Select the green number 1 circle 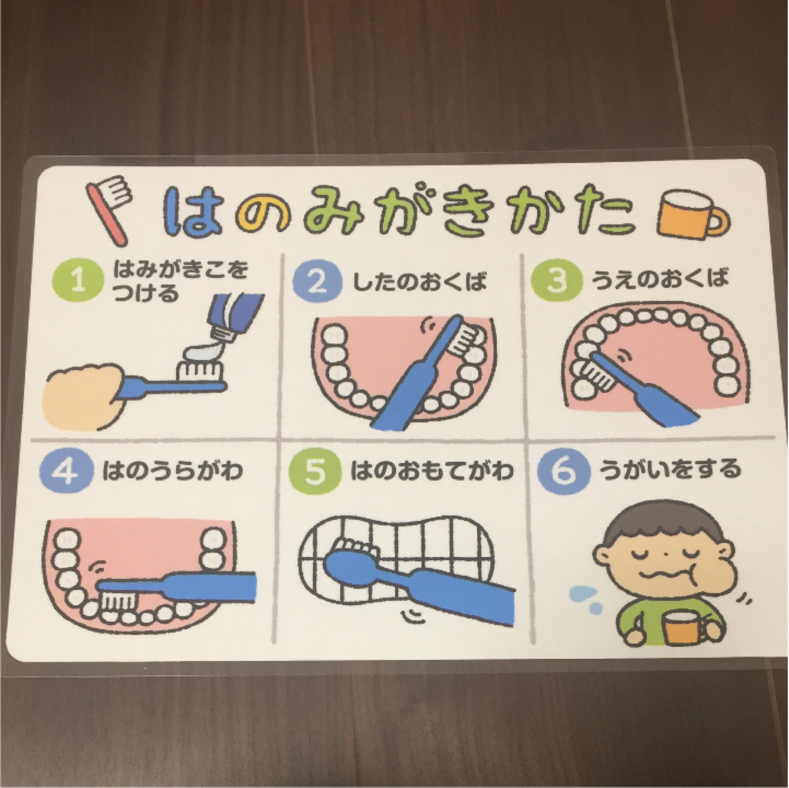[78, 281]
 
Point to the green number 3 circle [556, 280]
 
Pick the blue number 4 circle [66, 470]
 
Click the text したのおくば [420, 282]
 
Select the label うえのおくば [660, 279]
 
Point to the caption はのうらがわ [173, 470]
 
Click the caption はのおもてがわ [432, 470]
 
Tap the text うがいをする [670, 469]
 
